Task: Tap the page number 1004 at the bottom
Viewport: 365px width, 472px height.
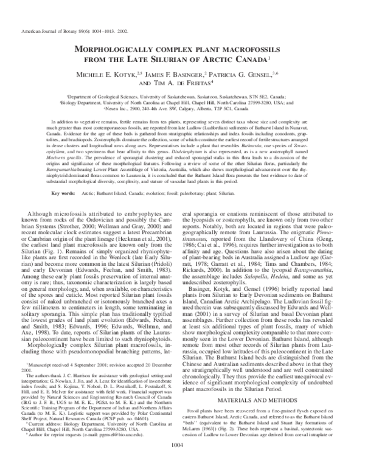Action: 182,462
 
